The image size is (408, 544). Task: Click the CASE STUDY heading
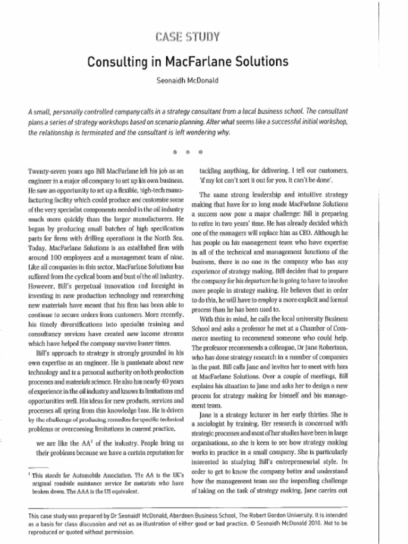click(188, 37)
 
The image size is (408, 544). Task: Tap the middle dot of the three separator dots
click(188, 152)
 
